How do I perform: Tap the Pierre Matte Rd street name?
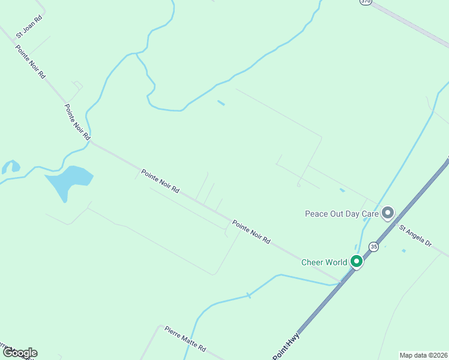point(185,339)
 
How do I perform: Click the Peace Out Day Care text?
point(342,214)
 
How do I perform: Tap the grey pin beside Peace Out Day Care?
point(388,212)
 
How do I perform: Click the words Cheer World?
point(324,262)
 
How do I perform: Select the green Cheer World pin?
point(357,262)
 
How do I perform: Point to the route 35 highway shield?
point(374,247)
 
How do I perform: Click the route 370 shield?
point(366,2)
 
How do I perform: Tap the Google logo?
point(20,353)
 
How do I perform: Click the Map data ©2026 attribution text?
point(424,355)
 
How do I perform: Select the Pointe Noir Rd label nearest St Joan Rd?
point(31,62)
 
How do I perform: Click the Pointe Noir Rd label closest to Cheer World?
point(252,233)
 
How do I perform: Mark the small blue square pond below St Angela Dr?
point(403,250)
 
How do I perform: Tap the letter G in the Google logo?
point(7,353)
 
